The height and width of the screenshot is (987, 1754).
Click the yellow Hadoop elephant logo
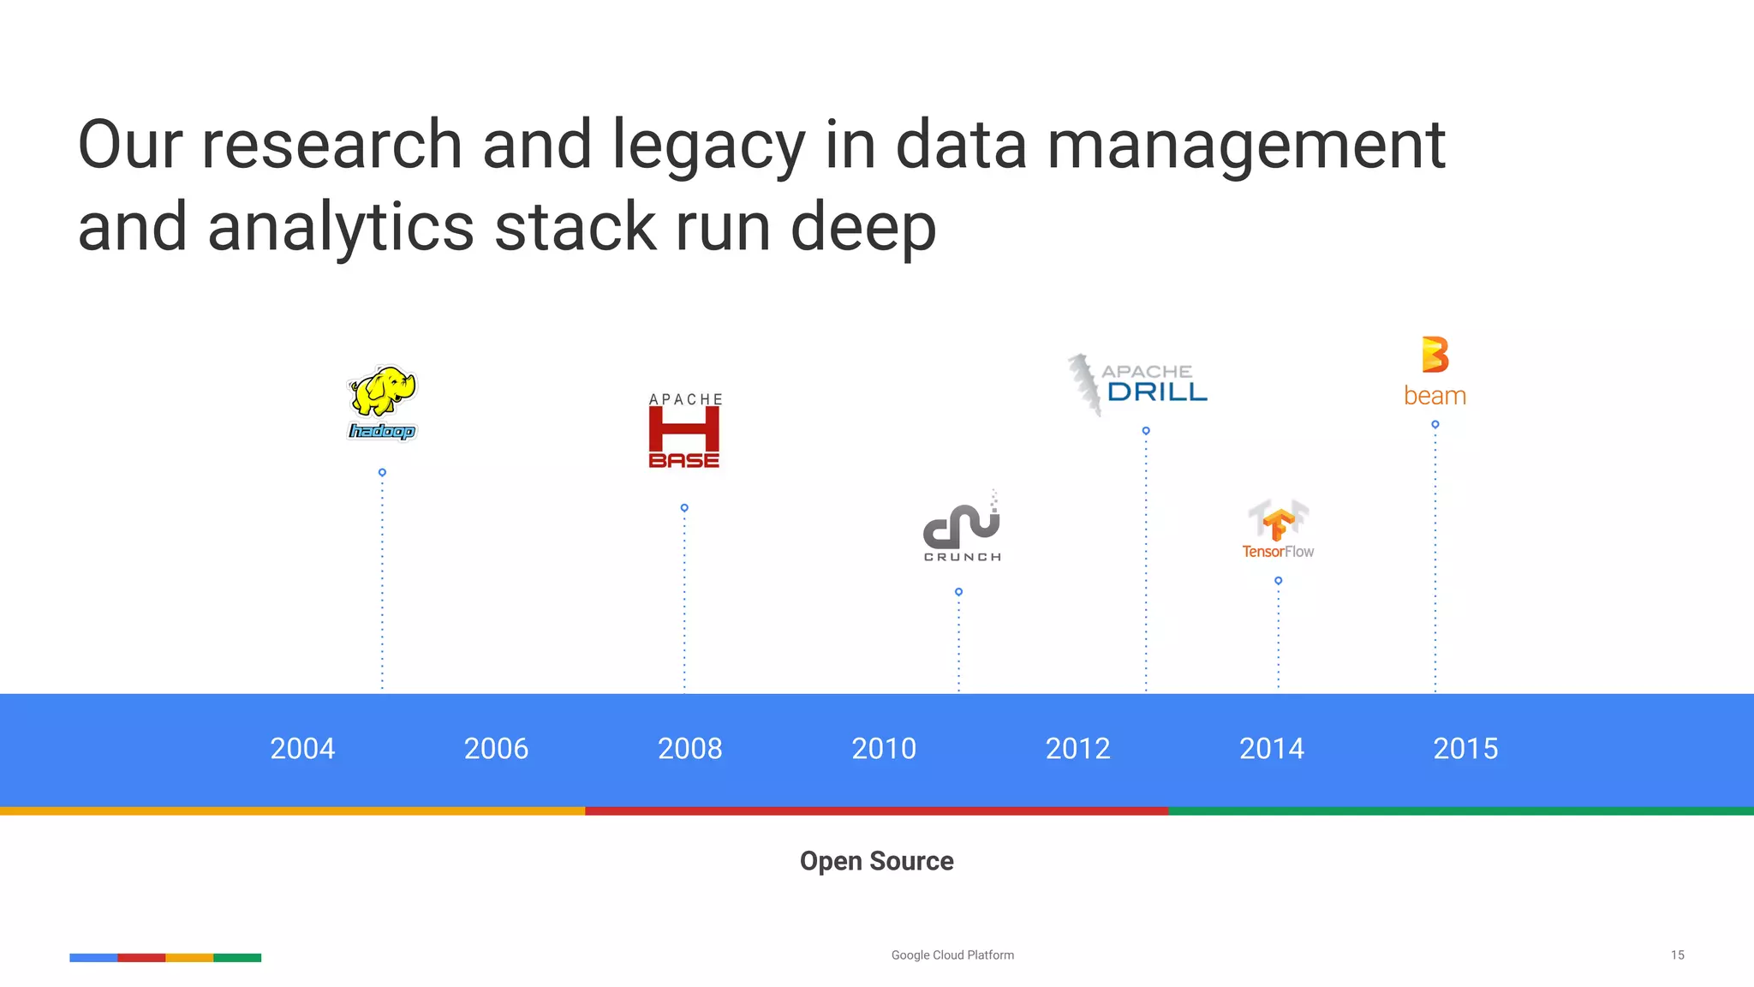382,401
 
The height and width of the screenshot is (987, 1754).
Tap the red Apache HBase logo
684,432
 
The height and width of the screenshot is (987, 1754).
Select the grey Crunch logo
962,527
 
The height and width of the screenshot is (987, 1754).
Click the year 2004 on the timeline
302,749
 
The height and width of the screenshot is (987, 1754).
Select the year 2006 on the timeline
496,749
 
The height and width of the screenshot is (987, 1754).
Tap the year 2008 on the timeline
690,749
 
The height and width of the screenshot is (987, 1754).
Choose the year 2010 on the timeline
884,749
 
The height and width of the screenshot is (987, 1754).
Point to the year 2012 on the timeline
1077,749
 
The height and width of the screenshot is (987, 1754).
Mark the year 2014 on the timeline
1272,749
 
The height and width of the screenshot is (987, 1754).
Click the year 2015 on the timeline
1465,749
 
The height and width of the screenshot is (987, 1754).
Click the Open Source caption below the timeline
876,861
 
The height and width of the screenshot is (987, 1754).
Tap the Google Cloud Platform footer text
952,955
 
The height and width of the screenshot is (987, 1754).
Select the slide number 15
1677,955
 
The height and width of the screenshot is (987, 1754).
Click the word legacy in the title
708,146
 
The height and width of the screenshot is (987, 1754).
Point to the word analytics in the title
341,228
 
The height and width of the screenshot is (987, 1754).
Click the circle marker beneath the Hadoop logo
382,472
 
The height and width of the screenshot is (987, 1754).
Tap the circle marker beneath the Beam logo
1435,424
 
